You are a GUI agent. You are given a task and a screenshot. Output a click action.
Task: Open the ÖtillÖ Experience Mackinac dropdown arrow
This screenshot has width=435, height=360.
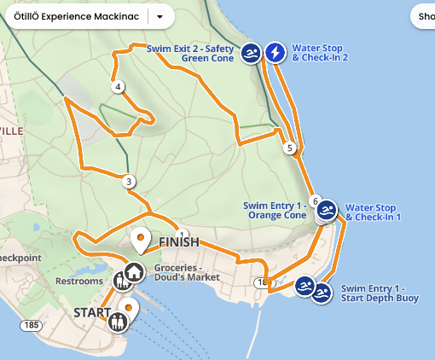159,16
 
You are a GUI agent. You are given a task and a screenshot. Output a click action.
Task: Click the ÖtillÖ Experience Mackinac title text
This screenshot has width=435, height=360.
77,16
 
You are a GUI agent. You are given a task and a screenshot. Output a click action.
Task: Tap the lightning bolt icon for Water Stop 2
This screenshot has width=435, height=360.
275,53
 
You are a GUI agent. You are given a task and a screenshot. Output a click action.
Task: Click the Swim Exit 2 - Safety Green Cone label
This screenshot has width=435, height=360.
190,53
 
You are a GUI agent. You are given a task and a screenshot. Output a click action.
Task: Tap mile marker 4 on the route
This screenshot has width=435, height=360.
118,86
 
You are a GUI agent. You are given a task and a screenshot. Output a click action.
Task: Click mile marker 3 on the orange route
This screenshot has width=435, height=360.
129,181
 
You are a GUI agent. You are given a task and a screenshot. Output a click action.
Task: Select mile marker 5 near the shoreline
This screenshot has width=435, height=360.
290,148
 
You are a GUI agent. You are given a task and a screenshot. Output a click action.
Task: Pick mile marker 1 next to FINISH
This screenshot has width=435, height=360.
181,234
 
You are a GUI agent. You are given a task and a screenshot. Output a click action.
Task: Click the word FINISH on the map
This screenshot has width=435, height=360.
179,243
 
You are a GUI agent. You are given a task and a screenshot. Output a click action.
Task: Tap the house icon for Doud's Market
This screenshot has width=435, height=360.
134,272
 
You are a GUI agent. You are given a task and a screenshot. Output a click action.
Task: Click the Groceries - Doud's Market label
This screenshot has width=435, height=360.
187,272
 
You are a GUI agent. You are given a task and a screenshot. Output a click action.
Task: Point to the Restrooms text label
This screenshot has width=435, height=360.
78,281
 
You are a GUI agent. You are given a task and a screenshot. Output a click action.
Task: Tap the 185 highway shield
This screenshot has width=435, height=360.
32,325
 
